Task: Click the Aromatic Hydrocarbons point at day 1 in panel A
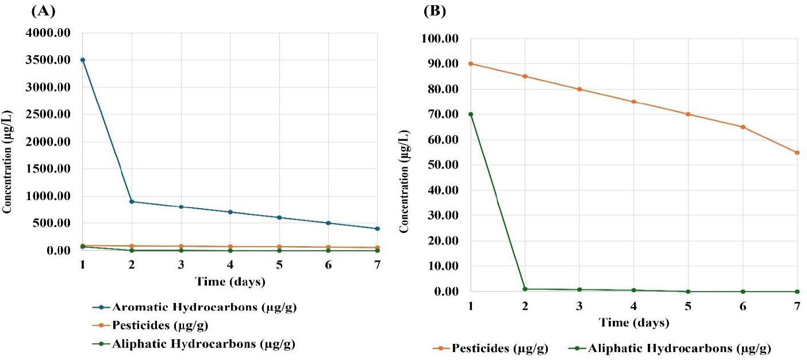point(83,60)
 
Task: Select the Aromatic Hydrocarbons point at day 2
point(132,202)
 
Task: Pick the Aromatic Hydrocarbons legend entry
point(197,307)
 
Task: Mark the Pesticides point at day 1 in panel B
point(471,63)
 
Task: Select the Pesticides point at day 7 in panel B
point(797,152)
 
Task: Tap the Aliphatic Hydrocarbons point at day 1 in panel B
point(471,114)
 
